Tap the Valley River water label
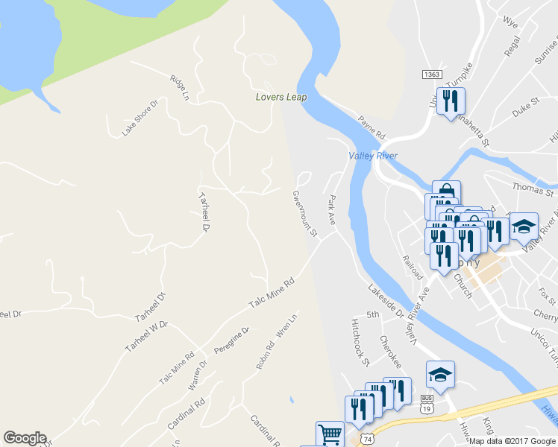372,156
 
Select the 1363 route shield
430,74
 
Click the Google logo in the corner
25,438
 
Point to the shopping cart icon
330,434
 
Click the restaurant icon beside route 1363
451,101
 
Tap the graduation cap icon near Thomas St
524,226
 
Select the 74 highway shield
366,440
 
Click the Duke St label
525,107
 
